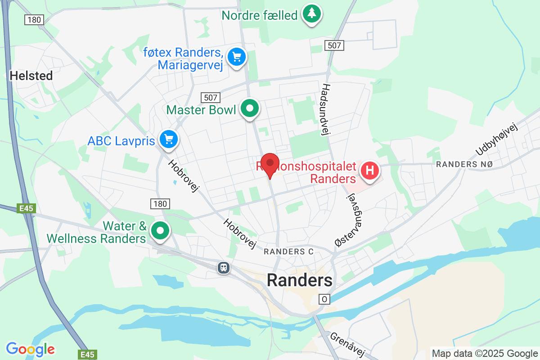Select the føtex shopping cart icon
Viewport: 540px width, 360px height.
(x=237, y=57)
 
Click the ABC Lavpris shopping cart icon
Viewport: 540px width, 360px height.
(x=169, y=139)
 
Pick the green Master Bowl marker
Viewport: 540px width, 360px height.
(x=249, y=108)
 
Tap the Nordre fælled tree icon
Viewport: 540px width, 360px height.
(x=310, y=13)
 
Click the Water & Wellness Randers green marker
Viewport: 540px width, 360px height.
(x=159, y=230)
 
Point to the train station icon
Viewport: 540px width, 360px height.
(x=223, y=268)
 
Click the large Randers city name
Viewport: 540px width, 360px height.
(x=300, y=280)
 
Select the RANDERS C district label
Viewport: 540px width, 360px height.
(x=288, y=252)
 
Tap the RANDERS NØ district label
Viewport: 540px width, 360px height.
(x=464, y=164)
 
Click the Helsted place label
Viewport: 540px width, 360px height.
(x=31, y=75)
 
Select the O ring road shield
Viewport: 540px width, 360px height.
(x=324, y=299)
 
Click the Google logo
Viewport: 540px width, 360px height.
(x=31, y=349)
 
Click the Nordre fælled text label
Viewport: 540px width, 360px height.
(x=260, y=15)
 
